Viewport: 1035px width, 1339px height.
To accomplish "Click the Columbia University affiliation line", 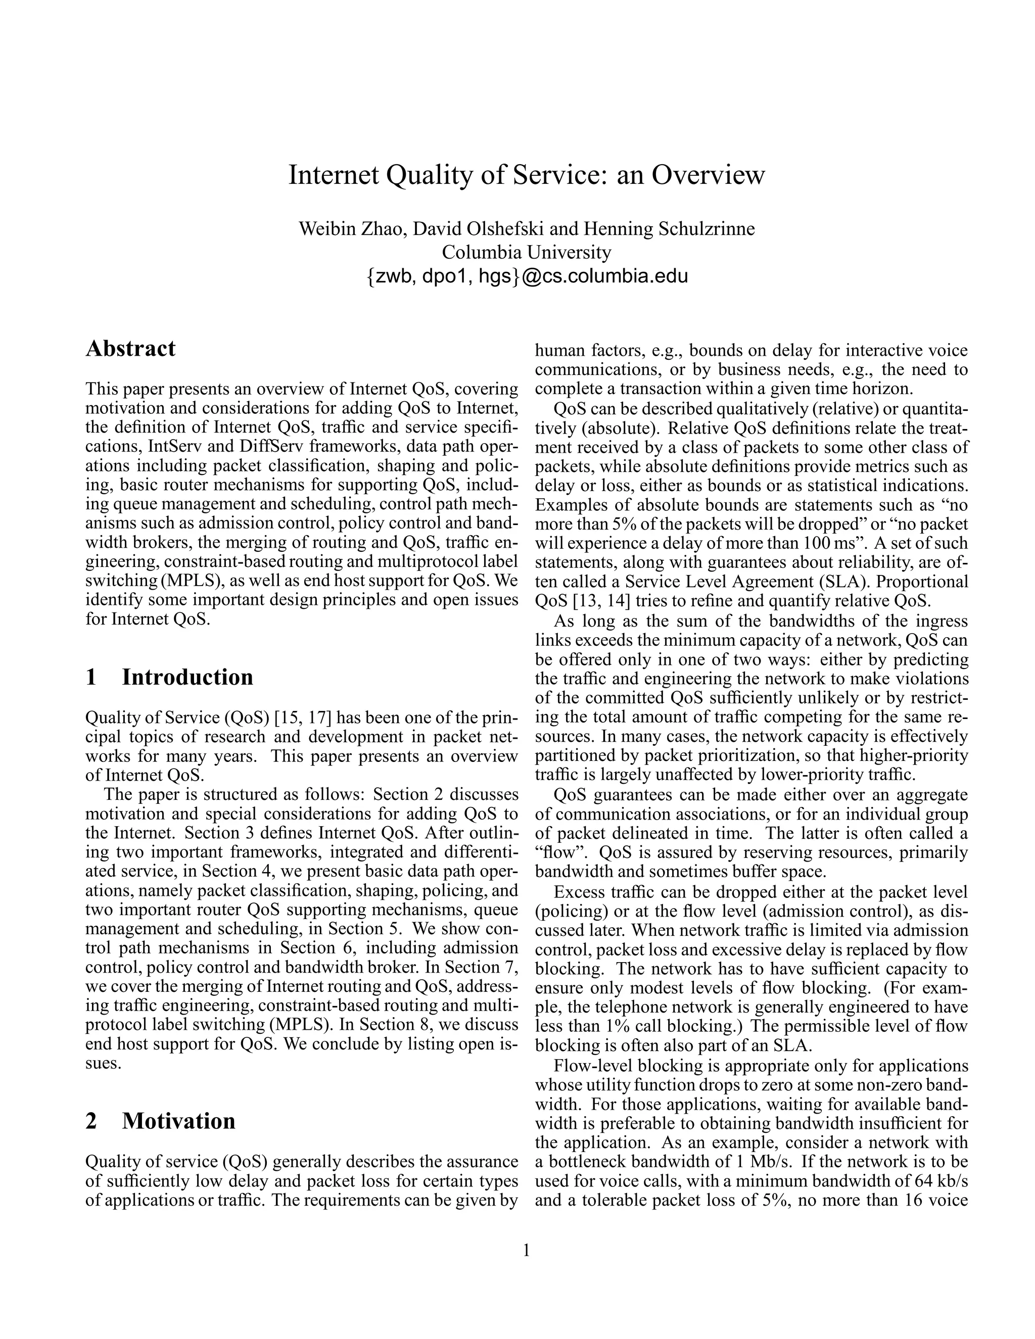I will click(x=526, y=252).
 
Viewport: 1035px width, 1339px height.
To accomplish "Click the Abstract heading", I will click(x=130, y=348).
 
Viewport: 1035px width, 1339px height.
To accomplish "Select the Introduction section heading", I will click(x=187, y=677).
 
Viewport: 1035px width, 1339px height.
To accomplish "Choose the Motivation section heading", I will click(x=178, y=1121).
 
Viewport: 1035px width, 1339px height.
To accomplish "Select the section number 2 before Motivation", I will click(x=91, y=1121).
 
